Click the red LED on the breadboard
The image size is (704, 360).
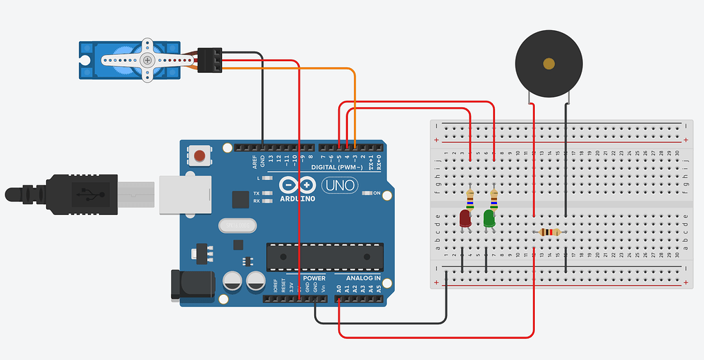(x=465, y=219)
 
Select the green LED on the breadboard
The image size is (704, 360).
(x=489, y=219)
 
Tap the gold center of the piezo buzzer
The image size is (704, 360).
(x=549, y=64)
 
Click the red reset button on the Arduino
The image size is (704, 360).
(x=200, y=156)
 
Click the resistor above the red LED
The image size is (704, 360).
(x=470, y=198)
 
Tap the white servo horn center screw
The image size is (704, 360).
(x=147, y=60)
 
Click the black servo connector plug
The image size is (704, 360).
(x=210, y=60)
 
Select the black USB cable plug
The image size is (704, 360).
(x=76, y=193)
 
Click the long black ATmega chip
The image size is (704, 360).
(x=323, y=256)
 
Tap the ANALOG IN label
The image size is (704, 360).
(x=363, y=278)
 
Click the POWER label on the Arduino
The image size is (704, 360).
(x=313, y=278)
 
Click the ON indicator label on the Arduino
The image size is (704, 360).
(x=377, y=194)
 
